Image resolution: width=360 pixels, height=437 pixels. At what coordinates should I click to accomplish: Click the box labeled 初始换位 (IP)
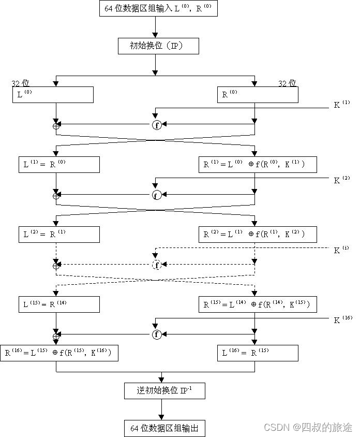pyautogui.click(x=158, y=46)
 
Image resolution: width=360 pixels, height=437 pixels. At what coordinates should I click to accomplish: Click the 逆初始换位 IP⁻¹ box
pyautogui.click(x=165, y=391)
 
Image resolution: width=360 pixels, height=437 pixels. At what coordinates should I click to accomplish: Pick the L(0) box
pyautogui.click(x=53, y=95)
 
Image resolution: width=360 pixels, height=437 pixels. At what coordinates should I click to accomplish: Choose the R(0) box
pyautogui.click(x=257, y=95)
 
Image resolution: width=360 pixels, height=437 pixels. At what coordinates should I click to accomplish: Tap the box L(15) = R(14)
pyautogui.click(x=58, y=304)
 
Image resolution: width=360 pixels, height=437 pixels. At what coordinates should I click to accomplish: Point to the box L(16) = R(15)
pyautogui.click(x=257, y=353)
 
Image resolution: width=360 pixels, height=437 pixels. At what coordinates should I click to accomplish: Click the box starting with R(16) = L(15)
pyautogui.click(x=59, y=353)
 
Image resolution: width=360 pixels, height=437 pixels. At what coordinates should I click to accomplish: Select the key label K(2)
pyautogui.click(x=342, y=180)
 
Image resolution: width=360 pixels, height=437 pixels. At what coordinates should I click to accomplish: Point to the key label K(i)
pyautogui.click(x=341, y=250)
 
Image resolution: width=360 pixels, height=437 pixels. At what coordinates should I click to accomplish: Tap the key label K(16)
pyautogui.click(x=343, y=319)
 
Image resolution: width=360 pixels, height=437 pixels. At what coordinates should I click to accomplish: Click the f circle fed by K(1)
pyautogui.click(x=157, y=125)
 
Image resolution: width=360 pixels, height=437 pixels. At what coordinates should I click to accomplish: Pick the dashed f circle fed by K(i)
pyautogui.click(x=157, y=265)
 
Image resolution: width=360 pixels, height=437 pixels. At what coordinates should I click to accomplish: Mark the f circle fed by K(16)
pyautogui.click(x=157, y=334)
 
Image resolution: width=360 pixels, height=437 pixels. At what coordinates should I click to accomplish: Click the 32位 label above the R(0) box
pyautogui.click(x=287, y=83)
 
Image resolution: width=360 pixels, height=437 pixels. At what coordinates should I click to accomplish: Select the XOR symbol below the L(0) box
pyautogui.click(x=56, y=125)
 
